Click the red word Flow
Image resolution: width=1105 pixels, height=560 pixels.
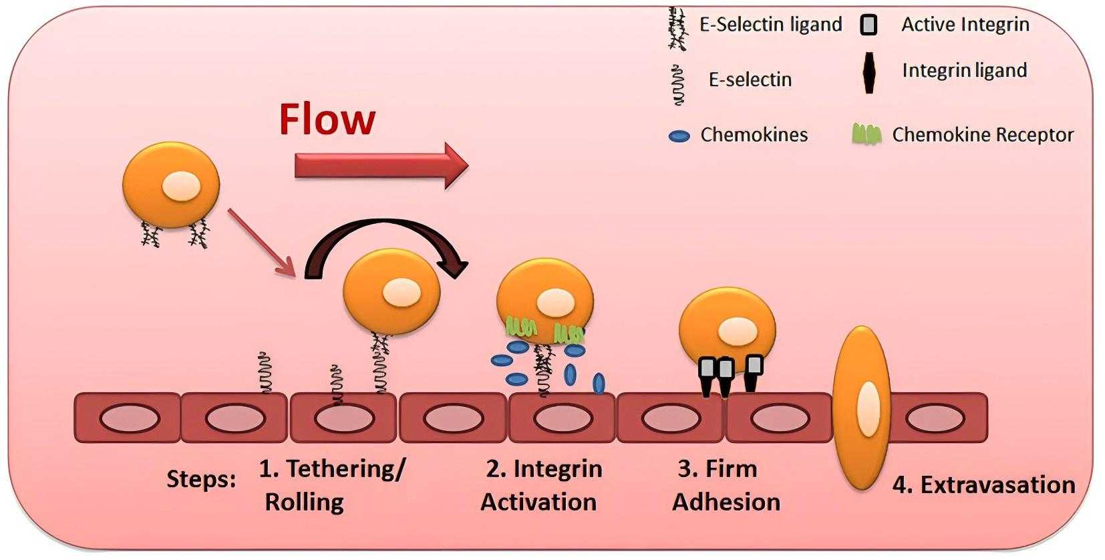[327, 120]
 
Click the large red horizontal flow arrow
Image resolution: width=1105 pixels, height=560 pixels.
[381, 166]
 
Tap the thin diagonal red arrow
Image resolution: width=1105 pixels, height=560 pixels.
[261, 241]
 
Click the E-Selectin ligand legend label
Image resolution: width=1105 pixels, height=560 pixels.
[770, 25]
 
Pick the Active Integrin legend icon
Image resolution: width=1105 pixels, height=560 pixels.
[869, 25]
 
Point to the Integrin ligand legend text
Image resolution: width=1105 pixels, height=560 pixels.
[964, 70]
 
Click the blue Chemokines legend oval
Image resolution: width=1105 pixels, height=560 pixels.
[679, 136]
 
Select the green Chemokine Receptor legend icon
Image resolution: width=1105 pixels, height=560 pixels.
[866, 135]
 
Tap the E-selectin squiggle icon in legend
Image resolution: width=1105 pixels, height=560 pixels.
[679, 85]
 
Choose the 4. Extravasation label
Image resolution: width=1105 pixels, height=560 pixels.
[983, 485]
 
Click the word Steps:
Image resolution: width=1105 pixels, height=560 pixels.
[200, 479]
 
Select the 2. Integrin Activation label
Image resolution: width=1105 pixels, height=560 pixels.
[540, 485]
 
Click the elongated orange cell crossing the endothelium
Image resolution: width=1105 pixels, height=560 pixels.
[862, 408]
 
